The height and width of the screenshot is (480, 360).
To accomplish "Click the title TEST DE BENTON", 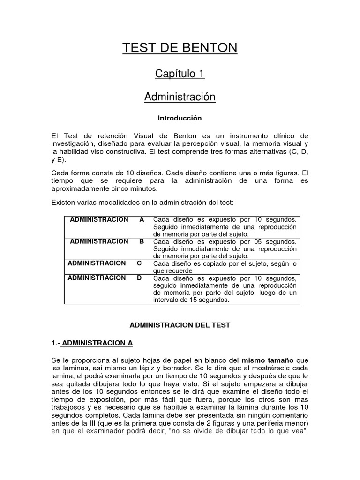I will [x=180, y=48].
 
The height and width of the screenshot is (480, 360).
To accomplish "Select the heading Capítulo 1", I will [x=180, y=74].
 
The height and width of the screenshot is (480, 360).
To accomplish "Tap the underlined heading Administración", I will [x=180, y=97].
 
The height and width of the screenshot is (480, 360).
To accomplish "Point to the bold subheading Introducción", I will [x=180, y=118].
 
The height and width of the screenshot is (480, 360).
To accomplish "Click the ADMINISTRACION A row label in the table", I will [x=107, y=220].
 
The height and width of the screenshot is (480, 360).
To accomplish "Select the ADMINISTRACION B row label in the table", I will [x=107, y=241].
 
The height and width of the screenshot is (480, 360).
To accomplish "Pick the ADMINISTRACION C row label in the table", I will [x=105, y=263].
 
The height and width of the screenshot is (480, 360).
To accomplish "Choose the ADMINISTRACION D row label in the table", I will [x=105, y=278].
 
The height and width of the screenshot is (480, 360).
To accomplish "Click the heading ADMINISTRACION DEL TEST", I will [x=180, y=325].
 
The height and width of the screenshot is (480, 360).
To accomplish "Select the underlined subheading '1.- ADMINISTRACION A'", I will [x=92, y=343].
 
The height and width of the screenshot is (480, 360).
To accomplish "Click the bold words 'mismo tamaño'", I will [x=268, y=360].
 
